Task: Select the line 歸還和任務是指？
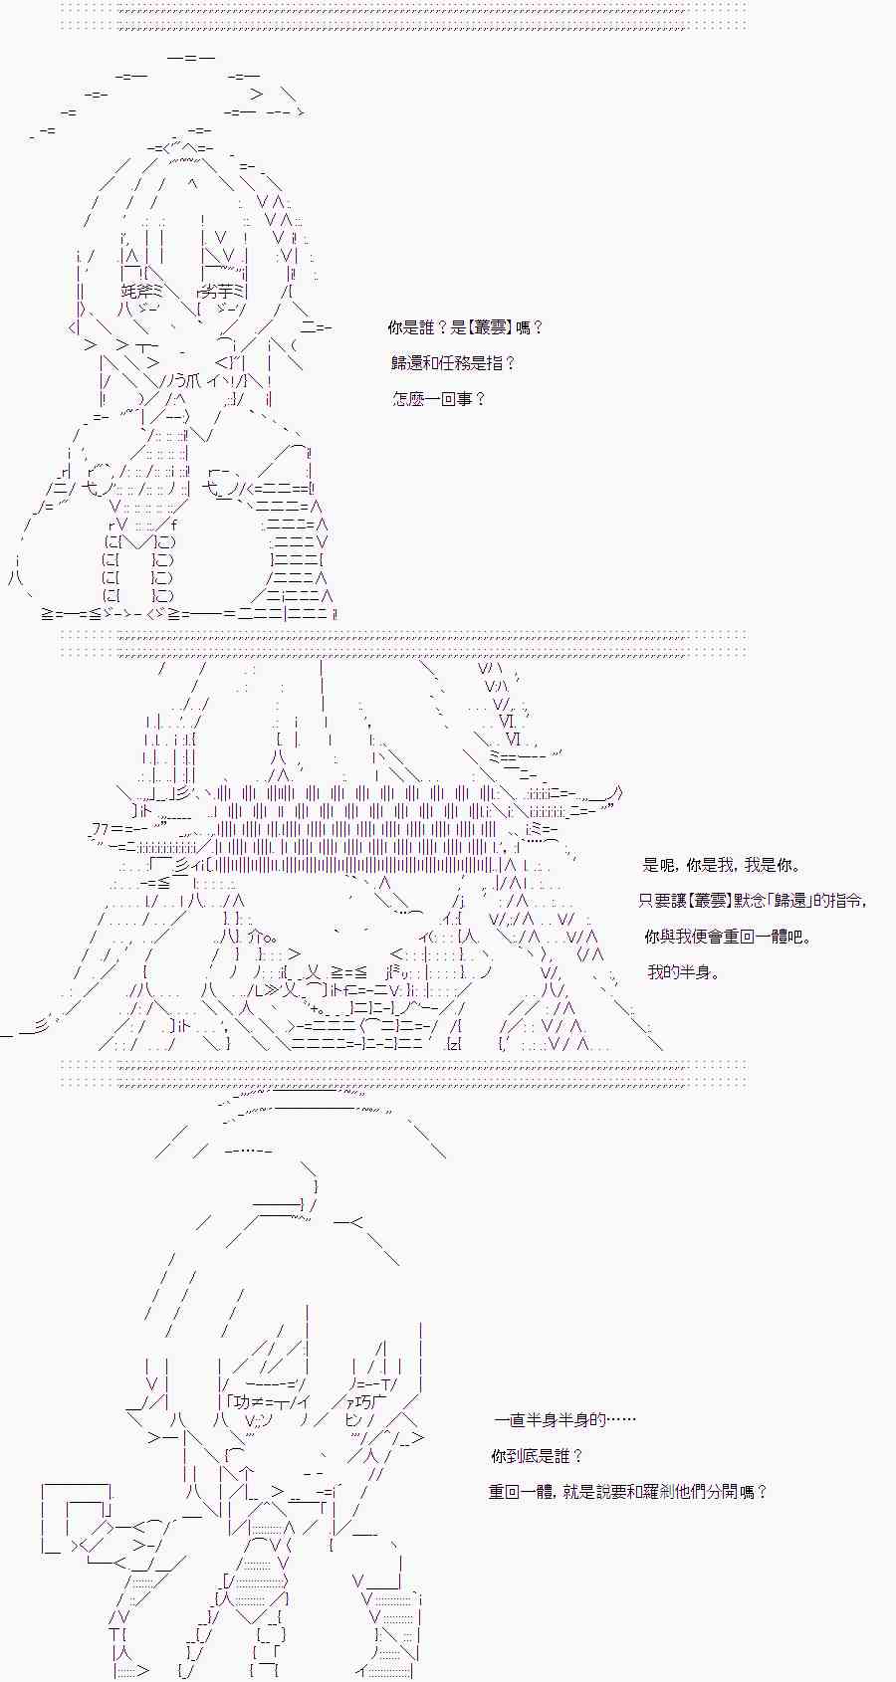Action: coord(453,363)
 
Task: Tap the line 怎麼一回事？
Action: coord(439,399)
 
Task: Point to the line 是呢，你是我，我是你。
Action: coord(722,866)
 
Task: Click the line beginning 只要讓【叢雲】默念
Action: coord(753,901)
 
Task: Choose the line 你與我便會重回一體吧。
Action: coord(728,937)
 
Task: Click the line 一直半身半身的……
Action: coord(563,1420)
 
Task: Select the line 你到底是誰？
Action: coord(537,1456)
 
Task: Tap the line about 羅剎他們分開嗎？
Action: coord(628,1492)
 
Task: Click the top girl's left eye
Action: coord(139,291)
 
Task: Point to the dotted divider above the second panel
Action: coord(402,642)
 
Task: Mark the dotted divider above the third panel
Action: coord(402,1071)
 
